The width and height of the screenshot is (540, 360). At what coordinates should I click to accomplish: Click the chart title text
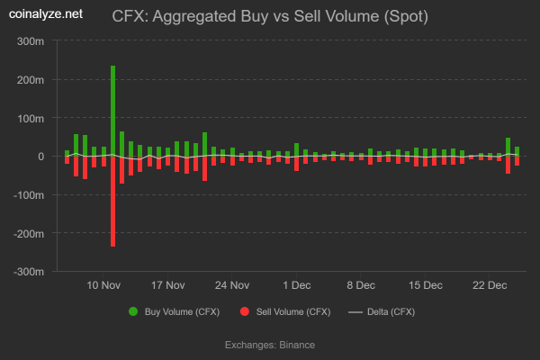270,16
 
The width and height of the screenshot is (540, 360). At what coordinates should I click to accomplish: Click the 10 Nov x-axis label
104,285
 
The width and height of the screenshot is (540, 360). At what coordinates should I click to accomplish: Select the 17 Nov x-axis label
168,285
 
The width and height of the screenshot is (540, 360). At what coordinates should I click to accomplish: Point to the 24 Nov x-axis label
232,285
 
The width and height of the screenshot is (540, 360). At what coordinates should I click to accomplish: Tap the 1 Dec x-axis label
296,285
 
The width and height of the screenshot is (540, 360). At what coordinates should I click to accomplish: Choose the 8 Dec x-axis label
361,285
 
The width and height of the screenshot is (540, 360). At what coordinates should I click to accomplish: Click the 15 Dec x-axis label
425,285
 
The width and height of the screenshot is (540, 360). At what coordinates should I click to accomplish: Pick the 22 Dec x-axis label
489,285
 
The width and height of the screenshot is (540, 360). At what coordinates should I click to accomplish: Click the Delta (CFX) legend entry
382,311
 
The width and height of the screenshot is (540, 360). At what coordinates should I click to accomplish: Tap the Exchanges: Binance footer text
269,344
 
